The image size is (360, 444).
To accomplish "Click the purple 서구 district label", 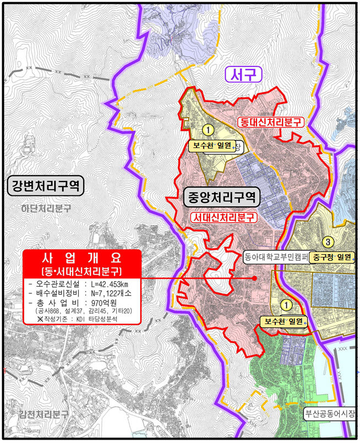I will pyautogui.click(x=244, y=74).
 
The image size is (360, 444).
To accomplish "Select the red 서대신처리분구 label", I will pyautogui.click(x=225, y=218).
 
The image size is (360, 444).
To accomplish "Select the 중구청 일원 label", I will pyautogui.click(x=332, y=257).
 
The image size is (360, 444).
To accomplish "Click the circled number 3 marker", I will pyautogui.click(x=328, y=242).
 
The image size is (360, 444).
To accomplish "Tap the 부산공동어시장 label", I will pyautogui.click(x=330, y=413).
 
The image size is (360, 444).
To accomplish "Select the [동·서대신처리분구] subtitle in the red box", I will pyautogui.click(x=81, y=272).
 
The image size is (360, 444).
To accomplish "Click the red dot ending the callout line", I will pyautogui.click(x=254, y=278).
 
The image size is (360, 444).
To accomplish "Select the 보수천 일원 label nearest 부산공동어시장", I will pyautogui.click(x=284, y=322).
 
